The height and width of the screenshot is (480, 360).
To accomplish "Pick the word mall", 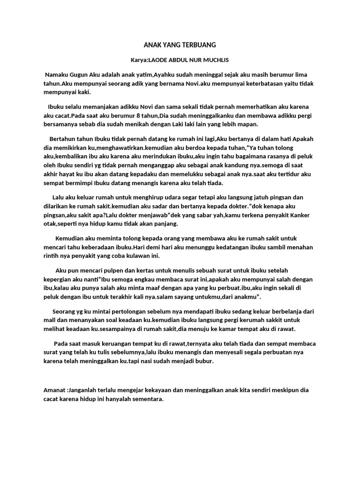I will [49, 320].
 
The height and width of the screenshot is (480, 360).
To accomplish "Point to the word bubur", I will [205, 361].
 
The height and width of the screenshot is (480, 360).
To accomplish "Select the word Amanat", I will [54, 390].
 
